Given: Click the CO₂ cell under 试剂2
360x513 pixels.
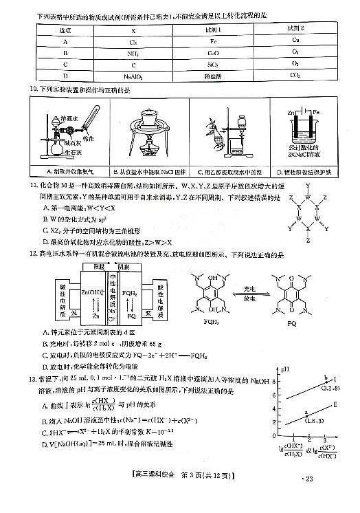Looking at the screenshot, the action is coord(295,76).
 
